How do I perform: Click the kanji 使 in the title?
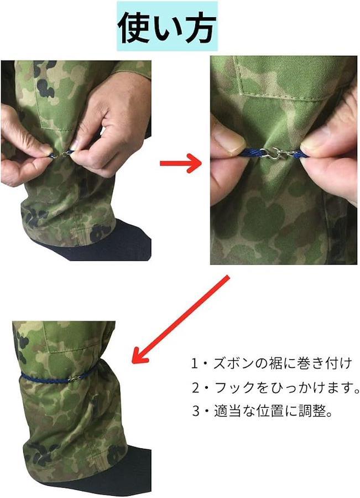(134, 28)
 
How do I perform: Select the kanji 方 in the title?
(200, 28)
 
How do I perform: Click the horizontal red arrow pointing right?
(181, 163)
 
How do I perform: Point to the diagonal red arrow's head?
(140, 356)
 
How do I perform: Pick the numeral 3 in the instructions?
(196, 411)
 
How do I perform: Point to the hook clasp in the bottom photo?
(75, 378)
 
